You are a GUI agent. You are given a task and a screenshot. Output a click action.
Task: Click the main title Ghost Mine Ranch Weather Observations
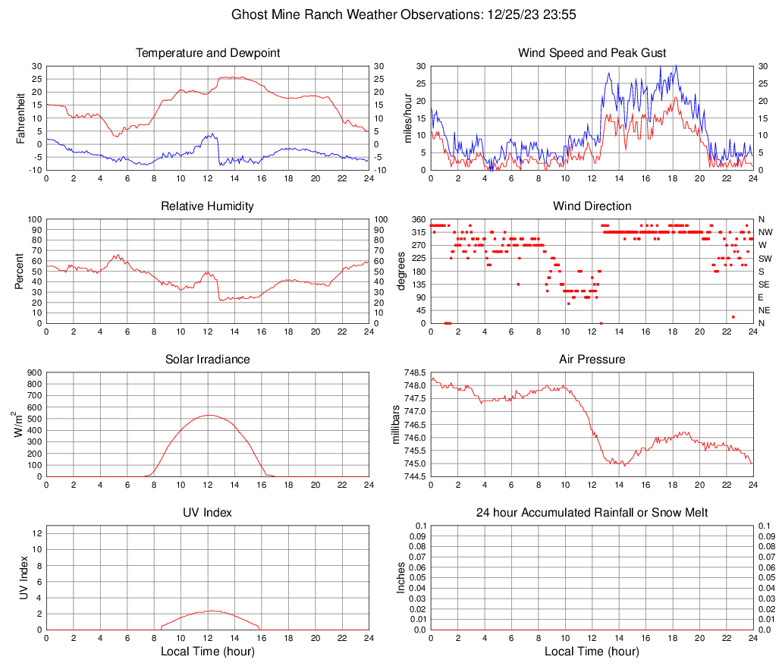[389, 14]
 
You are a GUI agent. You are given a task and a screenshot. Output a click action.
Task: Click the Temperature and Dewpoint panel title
[208, 53]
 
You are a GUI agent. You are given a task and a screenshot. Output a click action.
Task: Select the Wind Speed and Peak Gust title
[592, 53]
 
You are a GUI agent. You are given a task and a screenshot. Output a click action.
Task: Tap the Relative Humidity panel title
[208, 206]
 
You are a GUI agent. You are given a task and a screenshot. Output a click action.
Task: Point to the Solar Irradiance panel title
[208, 359]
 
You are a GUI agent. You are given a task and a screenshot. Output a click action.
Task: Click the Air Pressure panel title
[592, 359]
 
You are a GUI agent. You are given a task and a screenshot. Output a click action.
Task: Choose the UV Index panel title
[208, 513]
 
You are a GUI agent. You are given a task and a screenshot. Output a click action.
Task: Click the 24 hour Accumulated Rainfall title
[592, 513]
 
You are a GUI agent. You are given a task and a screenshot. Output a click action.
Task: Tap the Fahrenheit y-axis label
[20, 118]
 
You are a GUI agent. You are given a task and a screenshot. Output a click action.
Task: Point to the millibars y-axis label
[395, 425]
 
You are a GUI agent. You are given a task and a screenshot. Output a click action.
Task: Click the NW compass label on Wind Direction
[765, 232]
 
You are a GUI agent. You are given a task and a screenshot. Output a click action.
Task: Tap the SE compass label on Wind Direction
[765, 284]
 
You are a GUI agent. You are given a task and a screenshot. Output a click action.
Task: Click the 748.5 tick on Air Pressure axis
[414, 372]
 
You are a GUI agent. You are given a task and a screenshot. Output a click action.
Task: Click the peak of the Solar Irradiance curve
[208, 415]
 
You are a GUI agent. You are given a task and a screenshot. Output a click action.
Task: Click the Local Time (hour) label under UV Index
[208, 652]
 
